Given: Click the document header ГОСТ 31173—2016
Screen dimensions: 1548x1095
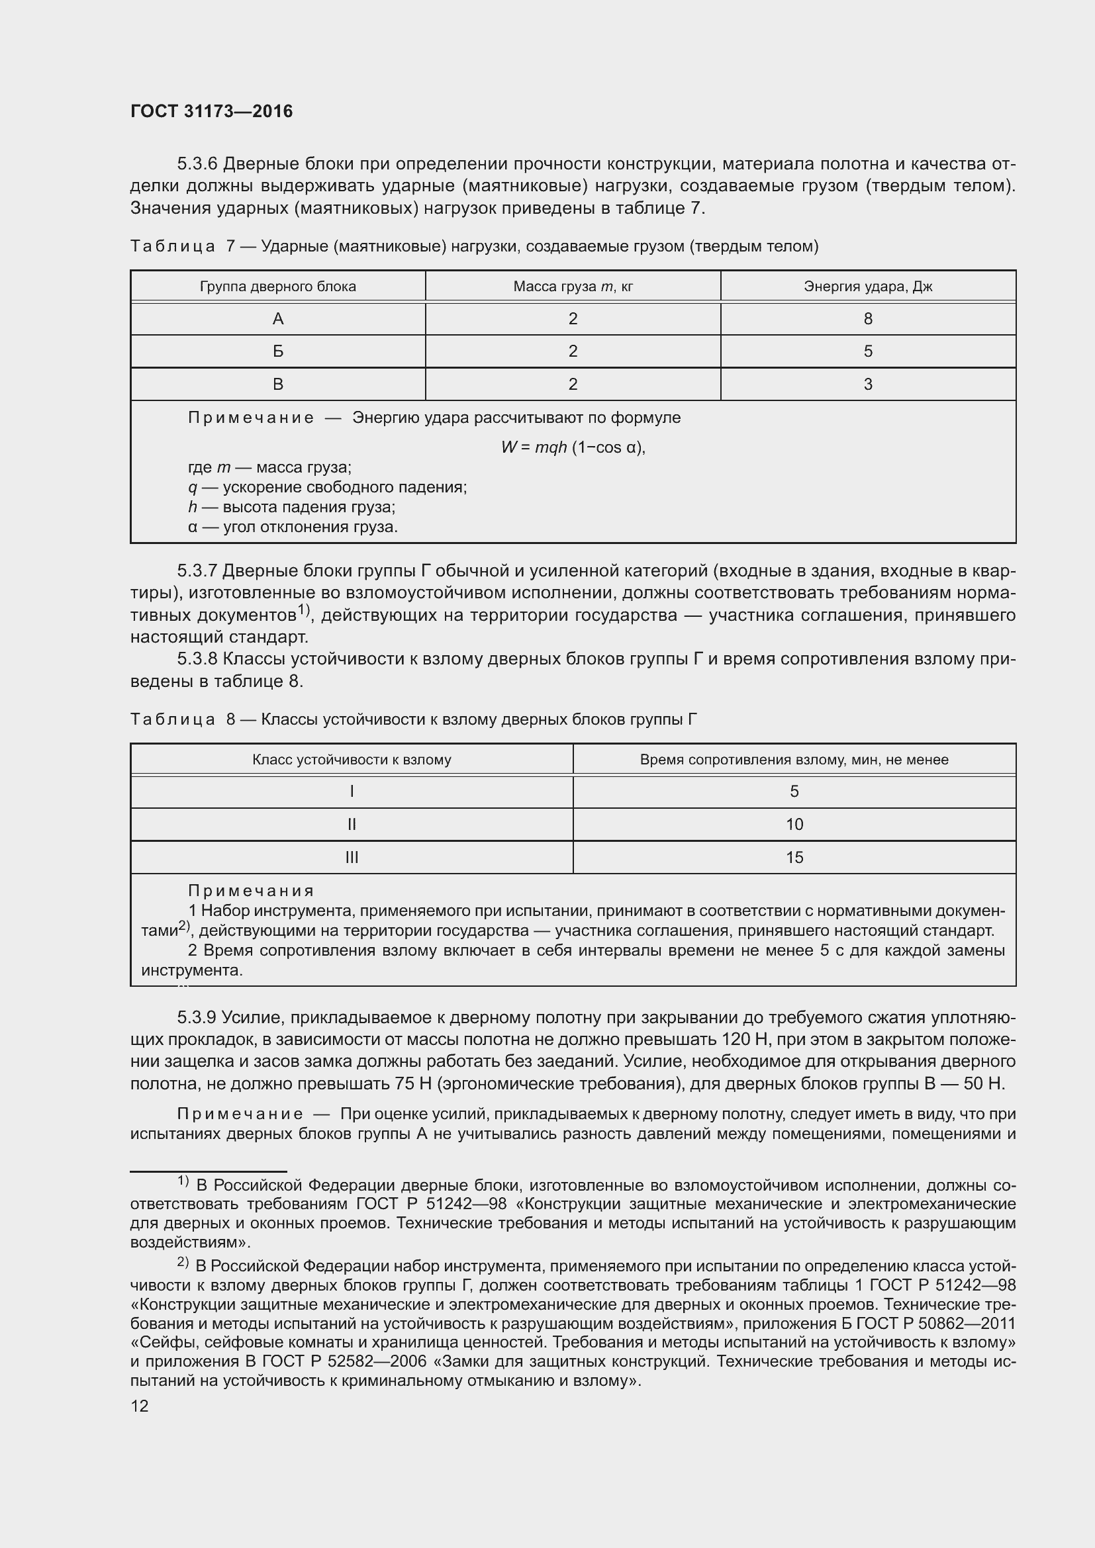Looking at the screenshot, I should [211, 111].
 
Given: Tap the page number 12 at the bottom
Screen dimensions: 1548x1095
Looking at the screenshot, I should [140, 1406].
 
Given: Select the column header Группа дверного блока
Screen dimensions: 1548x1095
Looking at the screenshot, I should [278, 287].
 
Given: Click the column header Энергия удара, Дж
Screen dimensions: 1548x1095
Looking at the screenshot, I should [868, 287].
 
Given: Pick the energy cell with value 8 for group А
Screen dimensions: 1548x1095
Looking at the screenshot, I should [868, 319].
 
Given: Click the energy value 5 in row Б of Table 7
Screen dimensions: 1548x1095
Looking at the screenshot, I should [868, 351].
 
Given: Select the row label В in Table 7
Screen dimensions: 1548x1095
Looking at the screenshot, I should [278, 385].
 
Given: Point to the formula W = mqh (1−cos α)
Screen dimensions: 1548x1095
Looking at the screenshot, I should [573, 447].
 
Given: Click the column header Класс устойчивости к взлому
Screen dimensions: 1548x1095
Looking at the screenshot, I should [352, 760].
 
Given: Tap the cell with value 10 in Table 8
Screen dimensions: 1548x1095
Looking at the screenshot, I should [794, 825].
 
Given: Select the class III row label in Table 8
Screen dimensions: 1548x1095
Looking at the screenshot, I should [352, 858].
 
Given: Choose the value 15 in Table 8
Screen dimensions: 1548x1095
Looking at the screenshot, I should [794, 858].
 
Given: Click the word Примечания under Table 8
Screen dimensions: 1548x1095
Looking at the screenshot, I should [251, 891].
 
